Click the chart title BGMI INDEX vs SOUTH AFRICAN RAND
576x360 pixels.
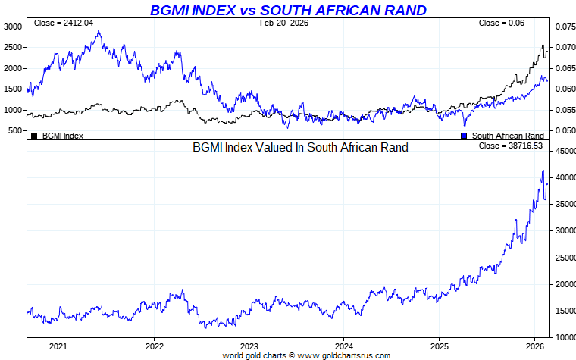pyautogui.click(x=288, y=10)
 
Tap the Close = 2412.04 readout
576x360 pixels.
pyautogui.click(x=64, y=23)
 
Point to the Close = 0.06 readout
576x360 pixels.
pyautogui.click(x=501, y=23)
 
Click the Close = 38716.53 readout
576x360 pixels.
pyautogui.click(x=511, y=146)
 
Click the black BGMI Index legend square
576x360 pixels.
pyautogui.click(x=34, y=136)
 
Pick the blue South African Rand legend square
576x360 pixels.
pyautogui.click(x=464, y=136)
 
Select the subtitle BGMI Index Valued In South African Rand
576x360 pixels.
pyautogui.click(x=300, y=147)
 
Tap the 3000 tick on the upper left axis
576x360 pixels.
pyautogui.click(x=14, y=27)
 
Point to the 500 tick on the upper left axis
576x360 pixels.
pyautogui.click(x=16, y=131)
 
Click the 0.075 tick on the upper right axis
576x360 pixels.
pyautogui.click(x=565, y=27)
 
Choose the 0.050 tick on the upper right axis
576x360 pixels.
pyautogui.click(x=565, y=131)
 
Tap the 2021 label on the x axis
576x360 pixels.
pyautogui.click(x=58, y=347)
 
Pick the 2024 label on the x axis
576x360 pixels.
pyautogui.click(x=343, y=347)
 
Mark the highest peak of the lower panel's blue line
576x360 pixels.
pyautogui.click(x=543, y=171)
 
